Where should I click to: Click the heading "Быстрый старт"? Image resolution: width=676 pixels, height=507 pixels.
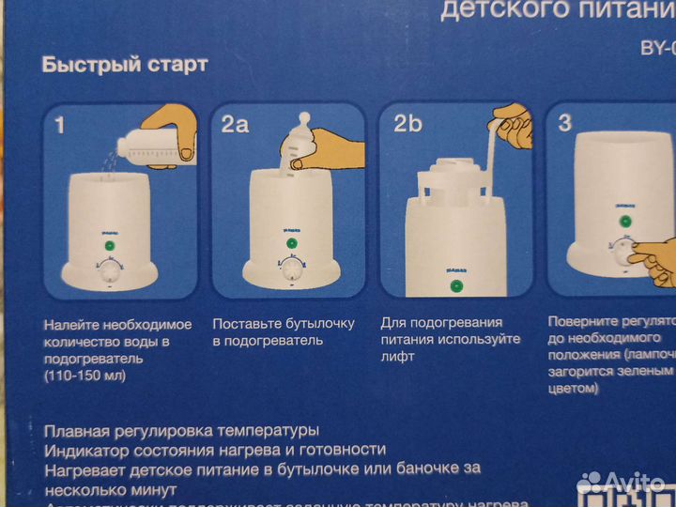(x=124, y=66)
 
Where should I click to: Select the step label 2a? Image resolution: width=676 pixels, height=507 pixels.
(x=236, y=124)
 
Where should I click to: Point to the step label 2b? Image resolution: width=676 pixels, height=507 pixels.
(x=407, y=123)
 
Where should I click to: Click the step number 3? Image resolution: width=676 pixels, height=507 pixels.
(x=565, y=122)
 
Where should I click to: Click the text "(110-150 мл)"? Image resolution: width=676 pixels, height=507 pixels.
(x=83, y=376)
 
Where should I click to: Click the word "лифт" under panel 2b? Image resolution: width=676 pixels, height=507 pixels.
(x=398, y=358)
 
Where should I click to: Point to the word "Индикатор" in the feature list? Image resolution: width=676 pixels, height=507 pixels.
(x=84, y=450)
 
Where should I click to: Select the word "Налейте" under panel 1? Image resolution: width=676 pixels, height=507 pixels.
(x=70, y=324)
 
